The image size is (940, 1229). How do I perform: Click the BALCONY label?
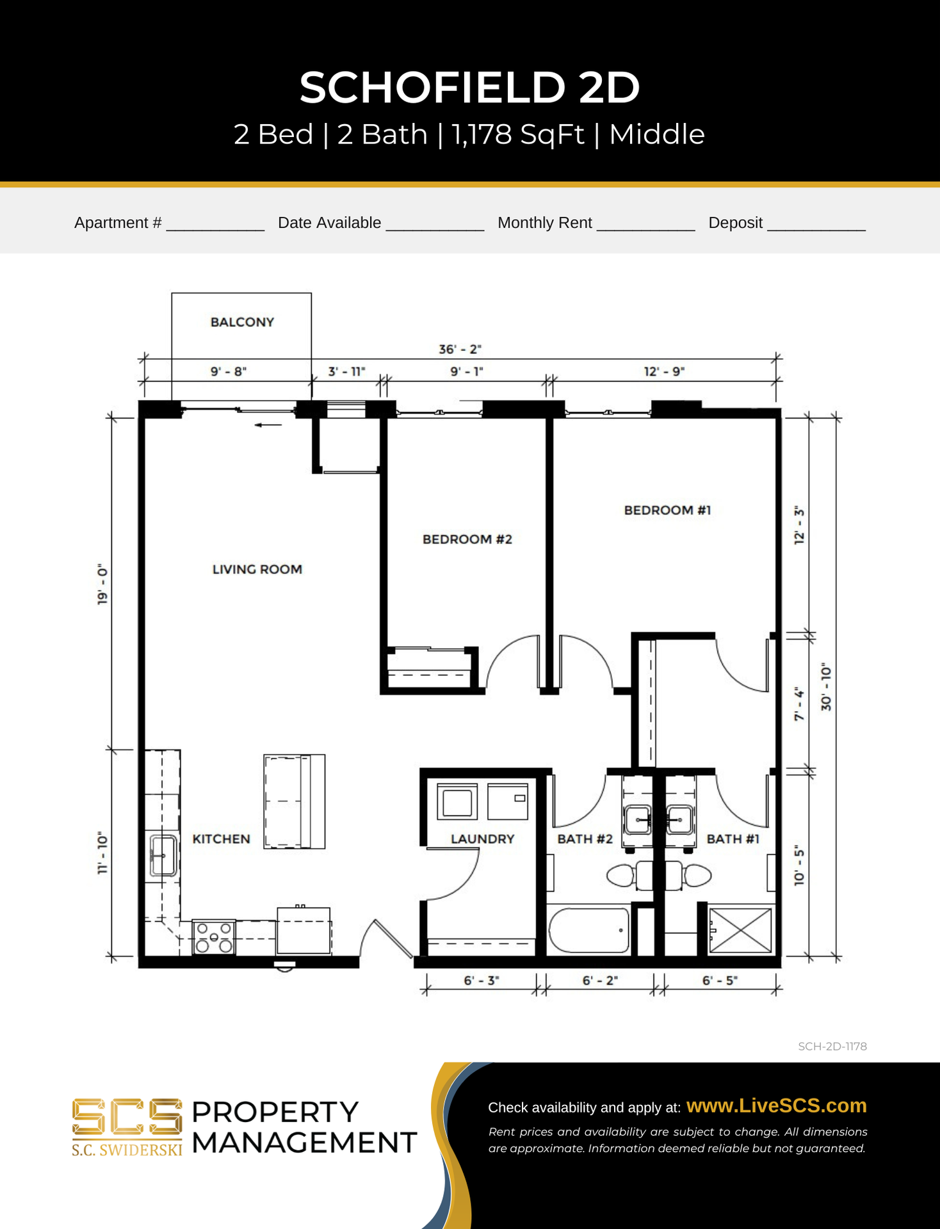242,322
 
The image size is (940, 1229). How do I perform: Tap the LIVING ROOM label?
257,569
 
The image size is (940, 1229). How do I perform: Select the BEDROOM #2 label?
467,539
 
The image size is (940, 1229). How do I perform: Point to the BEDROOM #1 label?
667,510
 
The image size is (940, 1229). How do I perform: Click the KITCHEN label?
221,839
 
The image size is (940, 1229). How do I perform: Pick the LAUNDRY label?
482,839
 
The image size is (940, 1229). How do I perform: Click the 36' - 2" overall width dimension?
460,349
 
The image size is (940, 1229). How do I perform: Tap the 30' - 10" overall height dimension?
826,687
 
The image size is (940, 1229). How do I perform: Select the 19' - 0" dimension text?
102,584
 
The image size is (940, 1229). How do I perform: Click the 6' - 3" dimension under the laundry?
481,980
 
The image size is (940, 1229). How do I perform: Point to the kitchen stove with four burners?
214,938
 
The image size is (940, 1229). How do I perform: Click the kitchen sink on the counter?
163,855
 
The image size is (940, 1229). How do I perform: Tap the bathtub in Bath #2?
588,930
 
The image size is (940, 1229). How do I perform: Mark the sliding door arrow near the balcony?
268,424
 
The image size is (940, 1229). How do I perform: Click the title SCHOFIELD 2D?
470,87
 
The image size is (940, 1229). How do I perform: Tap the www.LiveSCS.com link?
776,1105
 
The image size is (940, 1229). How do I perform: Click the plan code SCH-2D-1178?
832,1047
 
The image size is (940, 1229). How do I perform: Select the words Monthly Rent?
544,223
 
